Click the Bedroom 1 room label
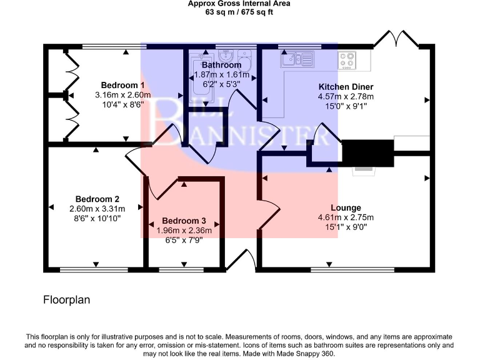123,85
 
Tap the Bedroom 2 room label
97,199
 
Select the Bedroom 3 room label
184,221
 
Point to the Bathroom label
221,65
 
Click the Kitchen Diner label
346,86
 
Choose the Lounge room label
346,207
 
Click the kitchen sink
296,59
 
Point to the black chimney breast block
368,152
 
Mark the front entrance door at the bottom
241,262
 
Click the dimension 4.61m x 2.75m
346,217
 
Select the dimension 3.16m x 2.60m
123,95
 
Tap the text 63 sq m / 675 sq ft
239,12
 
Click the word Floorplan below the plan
66,300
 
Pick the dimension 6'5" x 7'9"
184,240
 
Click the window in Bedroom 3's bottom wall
177,270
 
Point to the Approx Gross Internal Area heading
239,3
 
